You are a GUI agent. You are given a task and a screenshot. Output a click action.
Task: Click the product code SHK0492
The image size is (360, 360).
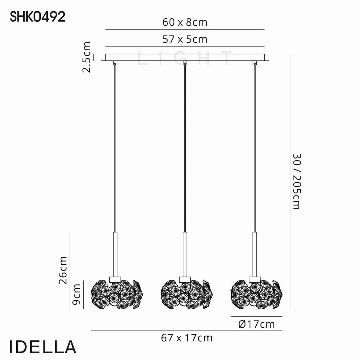pyautogui.click(x=38, y=17)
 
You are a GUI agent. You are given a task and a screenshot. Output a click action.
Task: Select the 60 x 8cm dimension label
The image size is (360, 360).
pyautogui.click(x=185, y=22)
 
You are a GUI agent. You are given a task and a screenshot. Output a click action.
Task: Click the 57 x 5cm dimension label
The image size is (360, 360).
pyautogui.click(x=185, y=39)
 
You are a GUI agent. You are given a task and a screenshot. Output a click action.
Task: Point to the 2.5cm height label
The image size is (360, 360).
pyautogui.click(x=86, y=57)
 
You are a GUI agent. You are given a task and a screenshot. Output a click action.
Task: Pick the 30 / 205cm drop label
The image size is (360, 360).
pyautogui.click(x=296, y=181)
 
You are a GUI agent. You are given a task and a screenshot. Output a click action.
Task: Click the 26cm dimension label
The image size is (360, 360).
pyautogui.click(x=63, y=270)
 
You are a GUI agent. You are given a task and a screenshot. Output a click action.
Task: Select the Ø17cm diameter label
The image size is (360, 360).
pyautogui.click(x=256, y=324)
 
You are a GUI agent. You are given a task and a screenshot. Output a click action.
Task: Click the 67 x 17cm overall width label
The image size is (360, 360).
pyautogui.click(x=187, y=338)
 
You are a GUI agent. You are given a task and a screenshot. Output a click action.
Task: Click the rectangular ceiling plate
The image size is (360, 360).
pyautogui.click(x=185, y=57)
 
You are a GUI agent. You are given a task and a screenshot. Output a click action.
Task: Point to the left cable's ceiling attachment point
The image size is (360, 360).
pyautogui.click(x=115, y=64)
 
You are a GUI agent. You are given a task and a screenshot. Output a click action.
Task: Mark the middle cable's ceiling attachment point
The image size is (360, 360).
pyautogui.click(x=185, y=64)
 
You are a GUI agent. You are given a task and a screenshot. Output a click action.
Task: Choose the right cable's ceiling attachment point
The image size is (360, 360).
pyautogui.click(x=254, y=64)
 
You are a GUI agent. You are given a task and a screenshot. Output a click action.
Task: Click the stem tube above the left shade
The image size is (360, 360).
pyautogui.click(x=115, y=253)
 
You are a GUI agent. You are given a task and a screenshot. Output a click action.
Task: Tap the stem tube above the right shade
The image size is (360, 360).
pyautogui.click(x=254, y=253)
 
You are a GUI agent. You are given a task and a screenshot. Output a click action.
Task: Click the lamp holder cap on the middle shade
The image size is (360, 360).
pyautogui.click(x=185, y=279)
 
